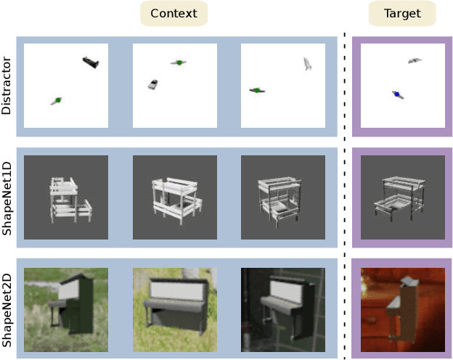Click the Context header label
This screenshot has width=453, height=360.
point(174,13)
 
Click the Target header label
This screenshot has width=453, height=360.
point(401,13)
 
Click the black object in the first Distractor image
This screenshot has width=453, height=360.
point(90,63)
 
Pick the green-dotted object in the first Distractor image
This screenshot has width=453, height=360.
point(56,100)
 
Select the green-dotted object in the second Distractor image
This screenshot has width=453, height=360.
point(177,64)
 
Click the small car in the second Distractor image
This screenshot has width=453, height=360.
point(152,84)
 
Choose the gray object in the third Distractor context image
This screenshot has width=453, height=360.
point(307,65)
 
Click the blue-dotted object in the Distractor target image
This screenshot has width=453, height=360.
point(397,94)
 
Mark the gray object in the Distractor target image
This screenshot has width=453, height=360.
point(414,61)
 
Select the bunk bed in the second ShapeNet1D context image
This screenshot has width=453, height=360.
point(174,197)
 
